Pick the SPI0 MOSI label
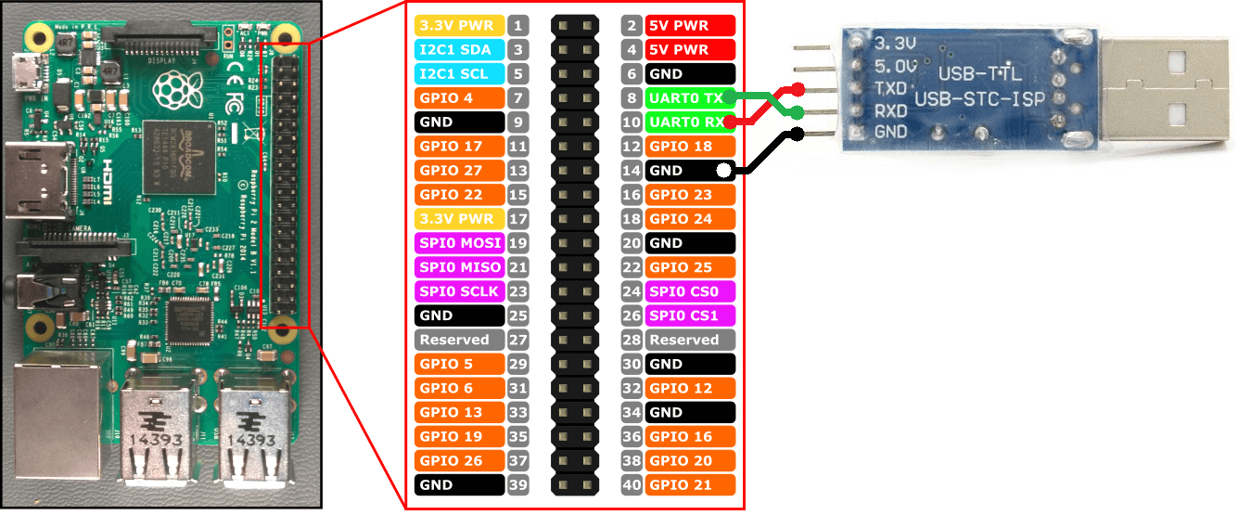coord(461,242)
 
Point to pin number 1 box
coord(518,25)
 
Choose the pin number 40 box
coord(632,484)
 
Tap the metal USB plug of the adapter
coord(1173,88)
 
